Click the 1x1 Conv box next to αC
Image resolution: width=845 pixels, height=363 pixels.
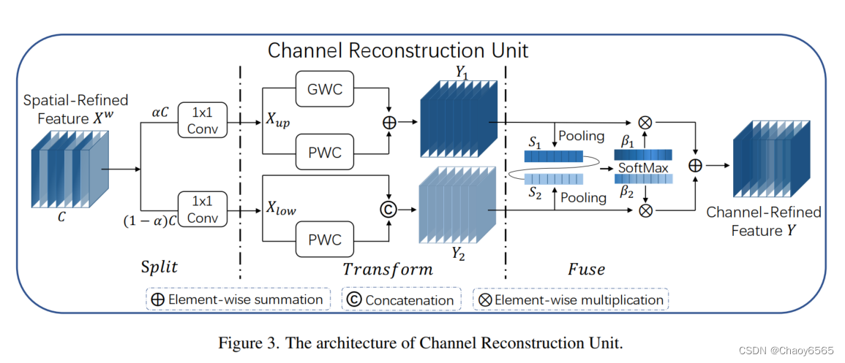[202, 121]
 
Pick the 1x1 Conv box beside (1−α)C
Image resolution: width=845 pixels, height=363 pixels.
[202, 207]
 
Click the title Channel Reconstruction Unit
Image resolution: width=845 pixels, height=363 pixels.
[398, 50]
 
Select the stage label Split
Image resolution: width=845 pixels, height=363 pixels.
[159, 267]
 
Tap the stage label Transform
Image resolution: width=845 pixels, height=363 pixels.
[388, 269]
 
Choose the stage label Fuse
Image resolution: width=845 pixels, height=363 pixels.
[586, 269]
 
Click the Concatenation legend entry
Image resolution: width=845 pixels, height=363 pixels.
[401, 299]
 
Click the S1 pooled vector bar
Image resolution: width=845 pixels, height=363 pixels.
[554, 156]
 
